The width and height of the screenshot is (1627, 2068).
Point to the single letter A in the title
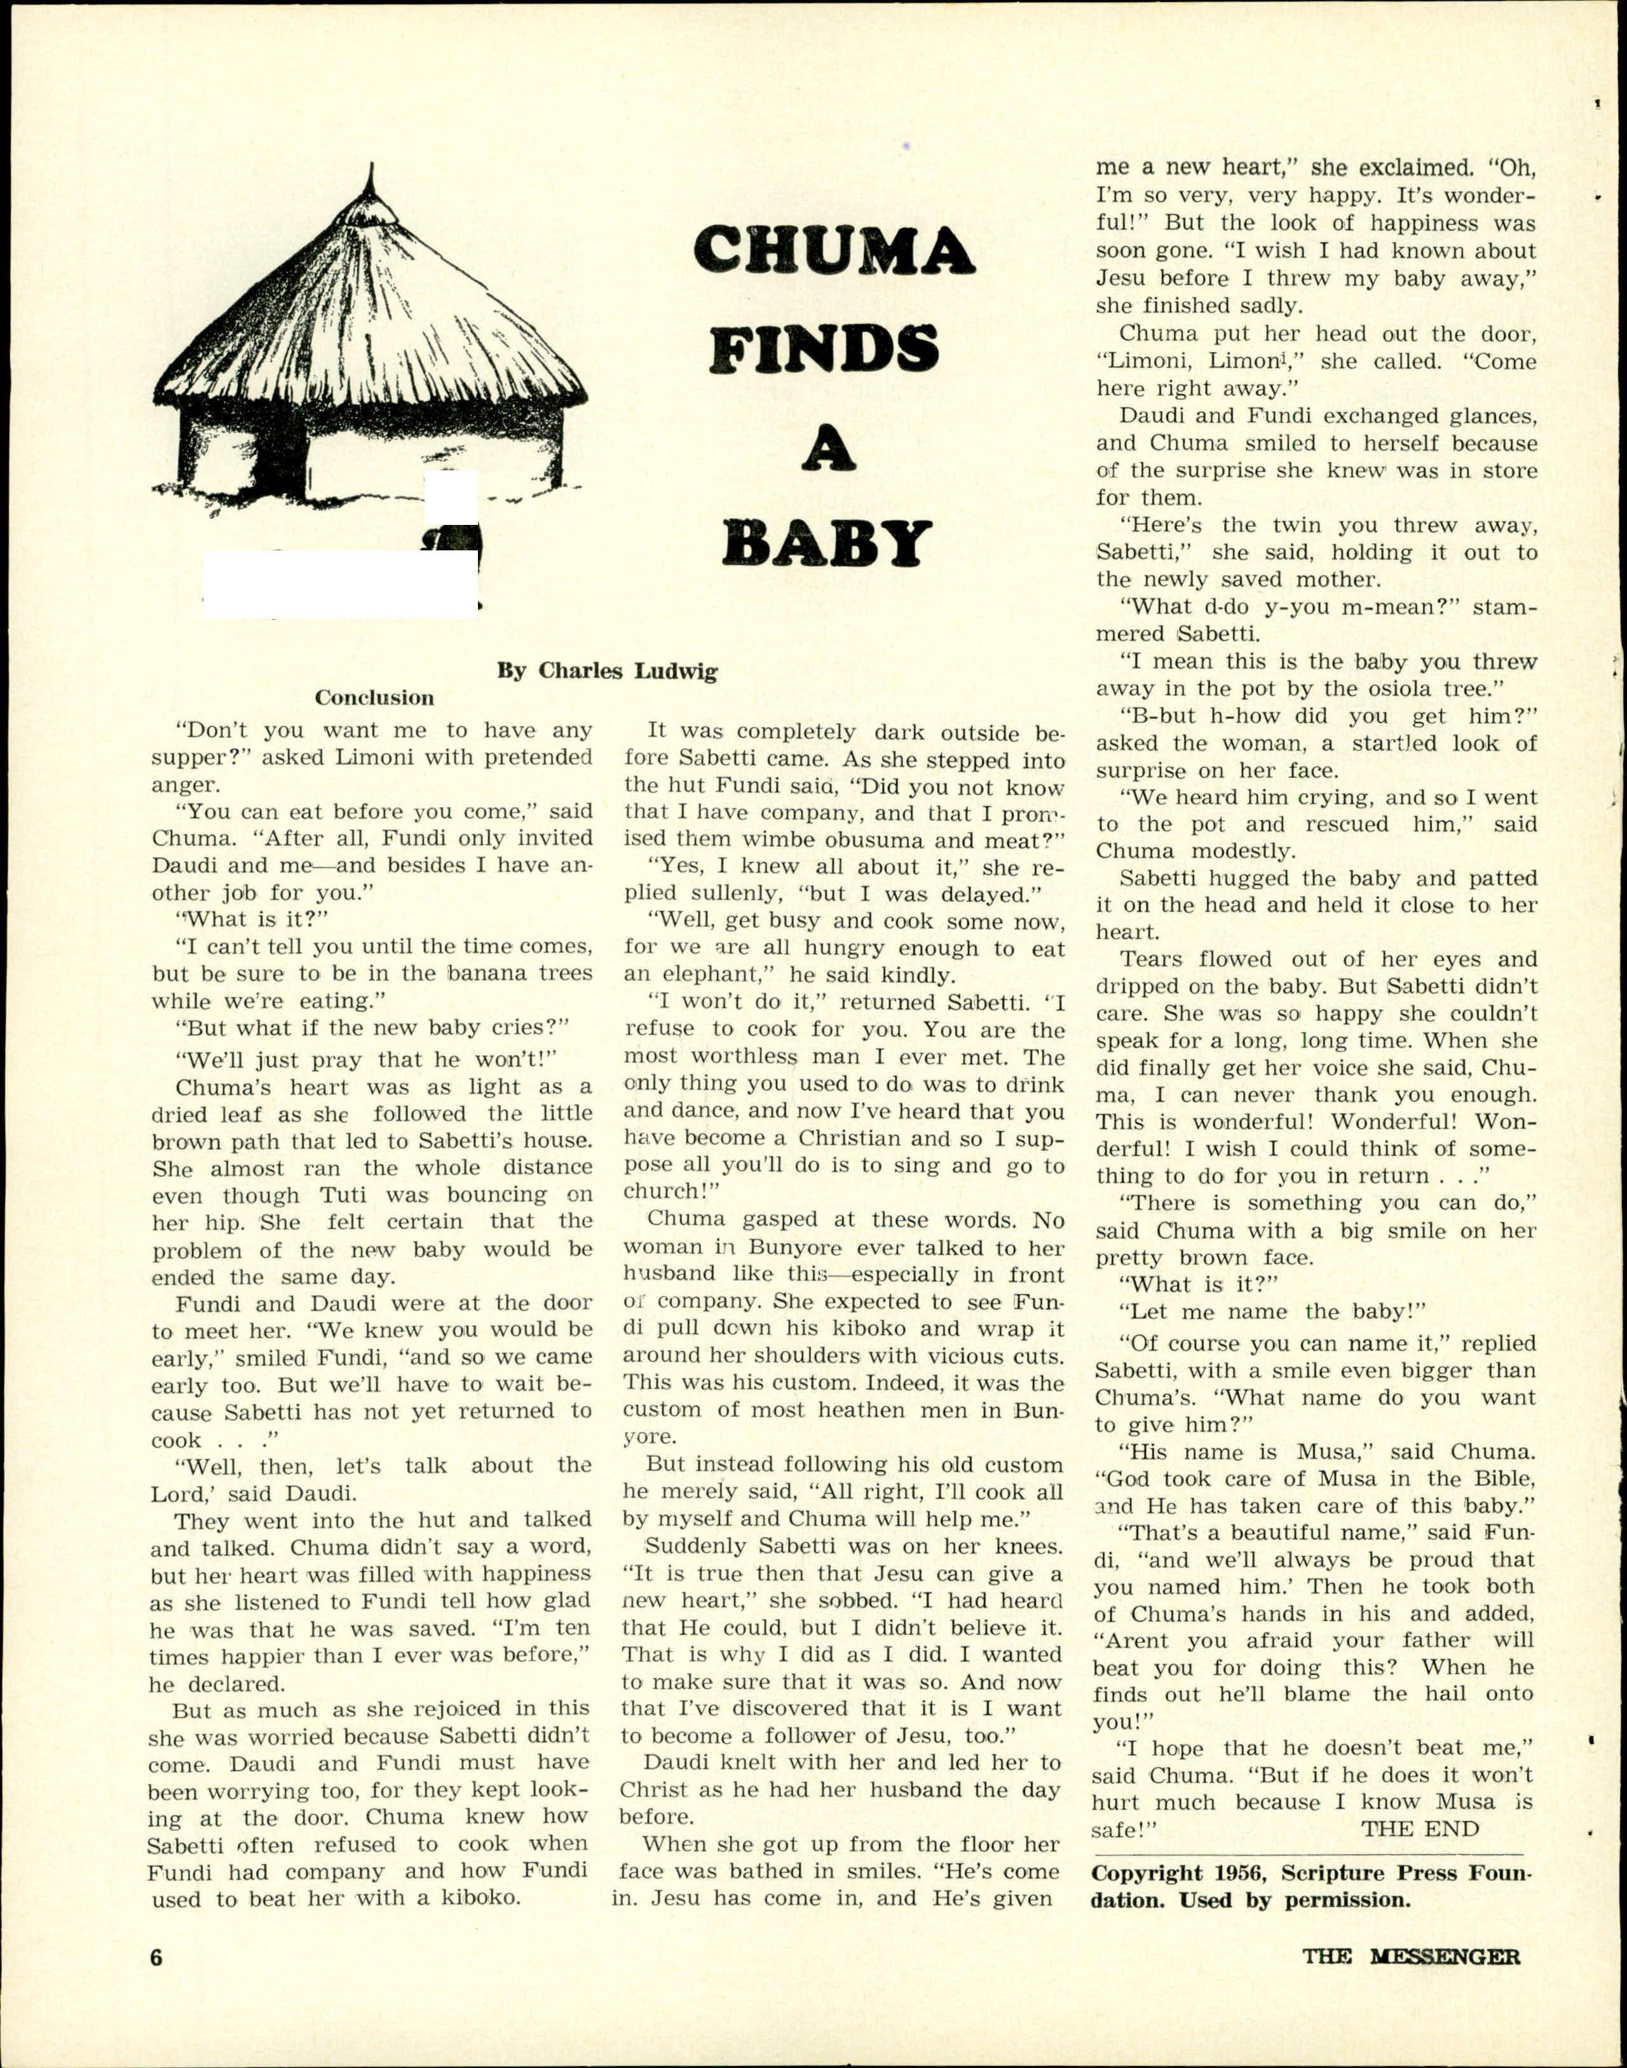(827, 447)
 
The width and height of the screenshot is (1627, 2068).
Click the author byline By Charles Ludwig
(607, 670)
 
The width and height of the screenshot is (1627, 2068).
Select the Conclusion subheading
(374, 697)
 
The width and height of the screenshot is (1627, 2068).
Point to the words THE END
(1419, 1829)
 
